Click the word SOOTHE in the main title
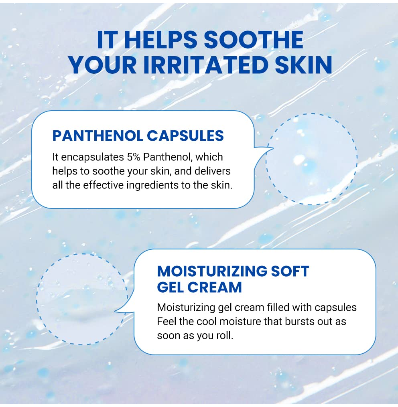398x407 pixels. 254,40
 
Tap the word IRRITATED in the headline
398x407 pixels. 205,65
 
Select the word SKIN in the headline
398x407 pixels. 303,65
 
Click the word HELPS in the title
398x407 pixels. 161,40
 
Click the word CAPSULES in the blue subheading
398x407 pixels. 185,136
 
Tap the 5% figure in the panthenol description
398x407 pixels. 134,157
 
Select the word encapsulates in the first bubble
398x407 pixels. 93,158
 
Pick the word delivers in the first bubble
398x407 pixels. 213,171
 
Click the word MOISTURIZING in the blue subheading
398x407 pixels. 212,271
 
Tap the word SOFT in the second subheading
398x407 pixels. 290,271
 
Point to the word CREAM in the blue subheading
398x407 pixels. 215,288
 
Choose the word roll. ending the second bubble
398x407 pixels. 225,336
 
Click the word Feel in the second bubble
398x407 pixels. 166,322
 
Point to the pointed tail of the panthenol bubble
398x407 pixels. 273,148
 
